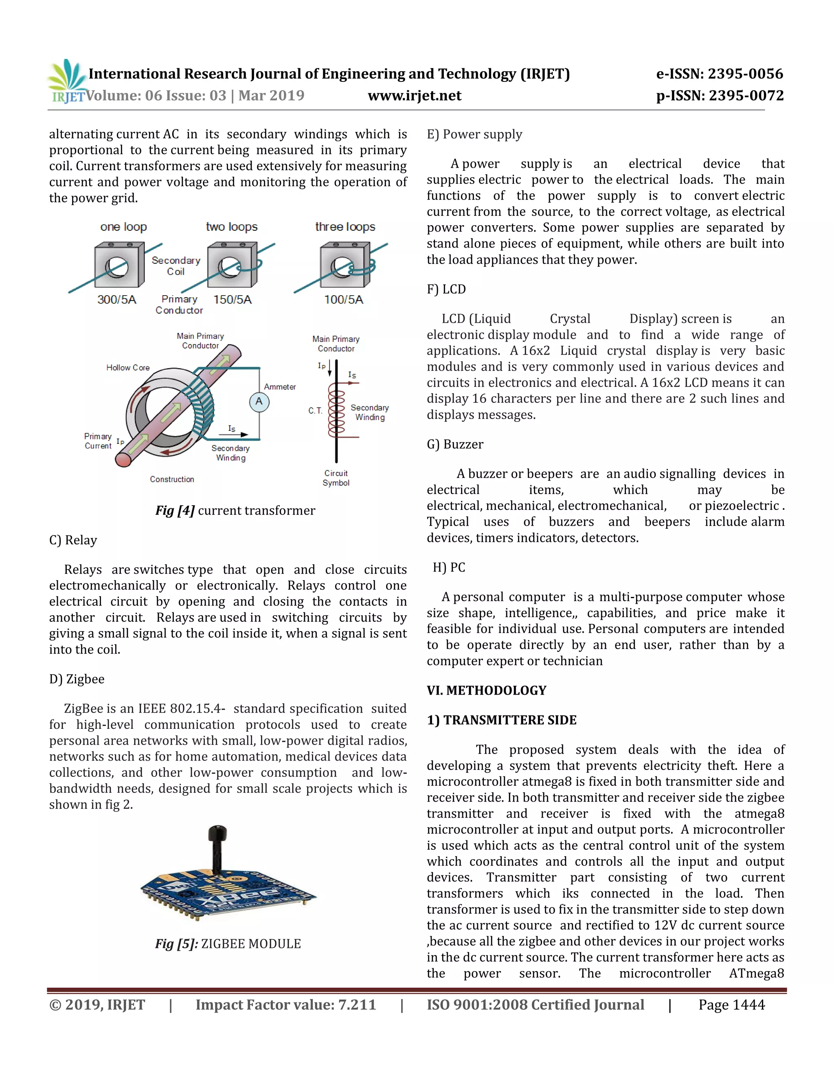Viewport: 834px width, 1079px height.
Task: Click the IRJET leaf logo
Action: pos(68,79)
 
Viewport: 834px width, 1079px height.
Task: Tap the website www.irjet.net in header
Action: pos(414,95)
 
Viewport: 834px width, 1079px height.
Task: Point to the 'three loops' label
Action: pos(345,227)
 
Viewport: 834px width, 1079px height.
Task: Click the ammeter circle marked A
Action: pos(259,401)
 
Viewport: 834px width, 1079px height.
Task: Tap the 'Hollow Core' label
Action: pos(127,368)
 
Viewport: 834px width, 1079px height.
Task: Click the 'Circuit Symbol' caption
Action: pos(336,478)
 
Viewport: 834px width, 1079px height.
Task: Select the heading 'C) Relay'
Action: pos(73,540)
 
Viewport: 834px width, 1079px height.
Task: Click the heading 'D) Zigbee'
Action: pos(77,679)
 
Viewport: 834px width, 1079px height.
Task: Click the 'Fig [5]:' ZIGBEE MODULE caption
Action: pos(228,944)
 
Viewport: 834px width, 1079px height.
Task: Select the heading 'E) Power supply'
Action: pos(474,134)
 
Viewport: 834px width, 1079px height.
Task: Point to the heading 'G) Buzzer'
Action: pos(455,444)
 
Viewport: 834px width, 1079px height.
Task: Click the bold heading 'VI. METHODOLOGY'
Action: pos(486,690)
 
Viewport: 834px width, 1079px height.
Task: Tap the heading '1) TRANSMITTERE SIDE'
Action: pos(501,720)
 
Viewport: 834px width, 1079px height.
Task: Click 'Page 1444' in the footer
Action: pos(731,1005)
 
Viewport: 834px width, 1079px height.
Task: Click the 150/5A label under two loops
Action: pos(232,299)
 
